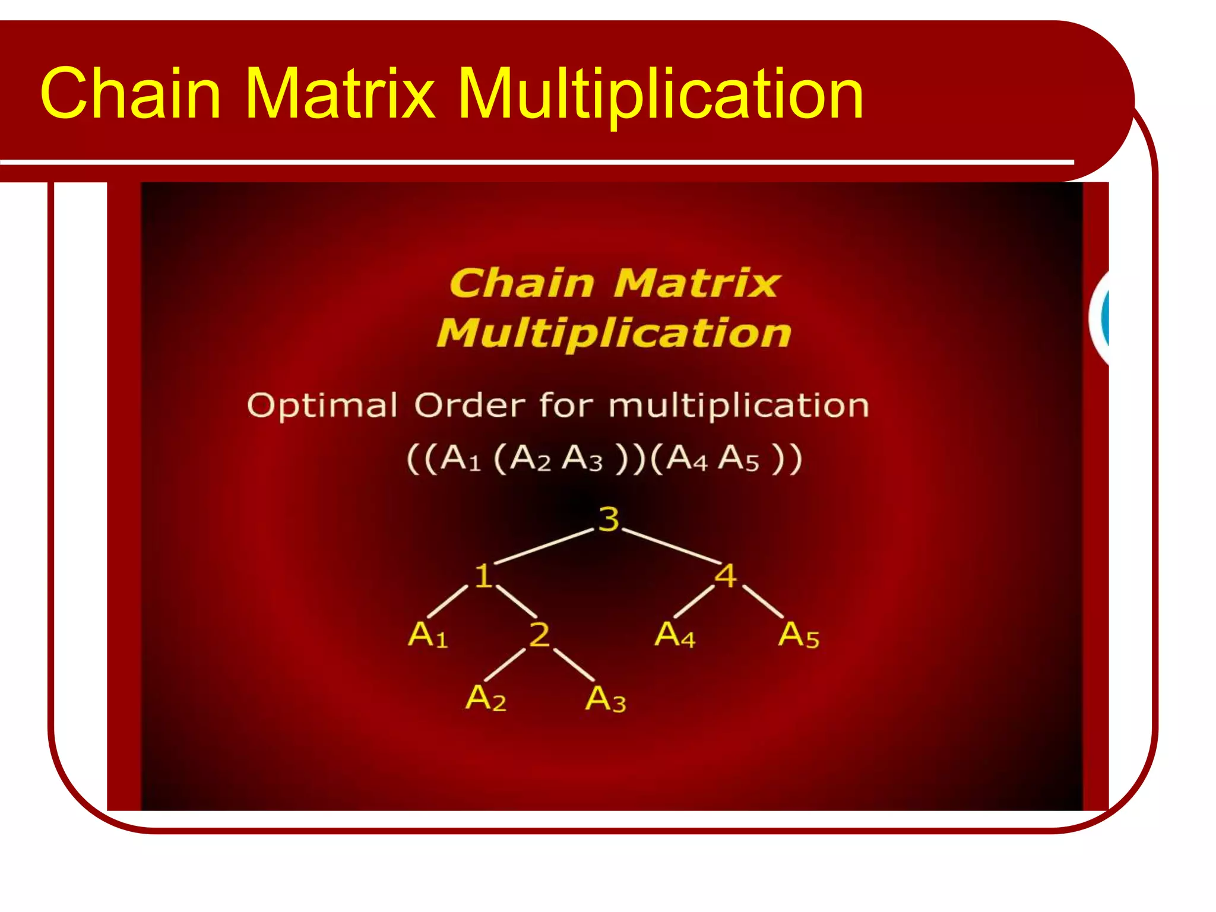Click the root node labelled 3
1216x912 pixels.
click(x=609, y=519)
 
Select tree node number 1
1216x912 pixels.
click(x=483, y=575)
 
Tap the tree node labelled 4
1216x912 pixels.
click(x=726, y=575)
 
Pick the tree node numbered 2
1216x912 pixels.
click(x=539, y=634)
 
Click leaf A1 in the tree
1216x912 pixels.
click(x=427, y=634)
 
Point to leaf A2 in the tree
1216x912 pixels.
click(x=486, y=698)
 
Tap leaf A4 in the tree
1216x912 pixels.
click(x=674, y=634)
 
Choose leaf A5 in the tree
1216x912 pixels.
click(x=799, y=635)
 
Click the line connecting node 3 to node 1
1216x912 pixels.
click(x=543, y=546)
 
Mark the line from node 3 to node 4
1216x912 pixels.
click(x=671, y=546)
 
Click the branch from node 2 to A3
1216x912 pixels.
click(x=574, y=664)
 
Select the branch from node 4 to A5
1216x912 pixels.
click(x=763, y=601)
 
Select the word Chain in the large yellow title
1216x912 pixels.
click(x=131, y=94)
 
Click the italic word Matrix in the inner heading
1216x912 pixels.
click(x=696, y=283)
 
